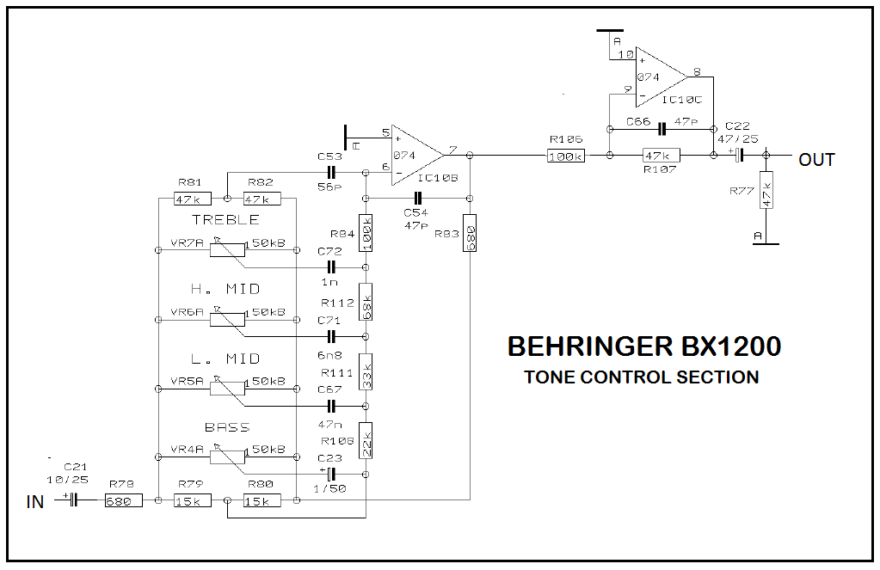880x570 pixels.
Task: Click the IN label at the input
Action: pos(34,501)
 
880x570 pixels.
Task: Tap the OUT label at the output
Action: pos(816,160)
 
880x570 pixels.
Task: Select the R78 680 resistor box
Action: pos(124,500)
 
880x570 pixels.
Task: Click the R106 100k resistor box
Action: pos(566,156)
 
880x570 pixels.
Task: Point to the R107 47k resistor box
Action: pos(662,156)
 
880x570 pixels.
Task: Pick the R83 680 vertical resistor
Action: pos(470,233)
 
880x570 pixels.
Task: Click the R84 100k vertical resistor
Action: pos(366,233)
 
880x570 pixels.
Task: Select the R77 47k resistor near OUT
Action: pos(766,190)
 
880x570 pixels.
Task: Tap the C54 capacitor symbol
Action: pos(417,198)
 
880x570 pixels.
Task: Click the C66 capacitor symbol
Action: pos(662,129)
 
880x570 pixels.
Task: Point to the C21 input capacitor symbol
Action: pos(73,500)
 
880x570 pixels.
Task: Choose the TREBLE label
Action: pos(226,219)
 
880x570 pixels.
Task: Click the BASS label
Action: pos(227,427)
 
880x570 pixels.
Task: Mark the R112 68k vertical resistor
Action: pos(366,303)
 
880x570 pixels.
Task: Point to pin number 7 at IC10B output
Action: pos(452,150)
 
